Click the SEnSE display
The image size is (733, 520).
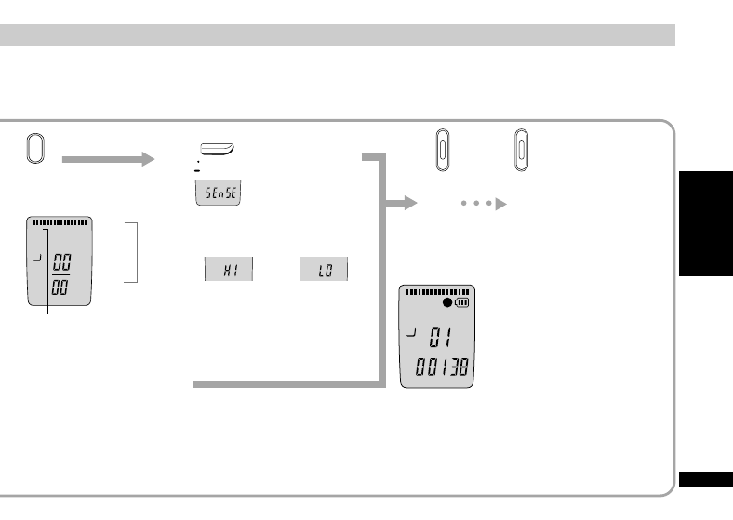tap(218, 193)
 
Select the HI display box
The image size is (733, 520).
tap(229, 269)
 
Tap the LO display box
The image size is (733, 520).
tap(324, 269)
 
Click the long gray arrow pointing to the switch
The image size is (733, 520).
tap(108, 159)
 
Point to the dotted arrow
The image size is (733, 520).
tap(484, 204)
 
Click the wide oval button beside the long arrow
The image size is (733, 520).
tap(35, 148)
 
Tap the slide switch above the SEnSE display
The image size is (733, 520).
tap(217, 149)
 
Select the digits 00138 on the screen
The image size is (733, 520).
tap(442, 367)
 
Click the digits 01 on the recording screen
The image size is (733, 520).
tap(440, 337)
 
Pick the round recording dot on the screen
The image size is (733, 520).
tap(447, 302)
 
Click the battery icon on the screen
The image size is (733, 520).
tap(462, 302)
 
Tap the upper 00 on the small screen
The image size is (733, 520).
tap(61, 262)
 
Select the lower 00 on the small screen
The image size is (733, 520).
tap(60, 287)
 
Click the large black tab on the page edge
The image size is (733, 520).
tap(706, 223)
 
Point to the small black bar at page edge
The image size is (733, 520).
tap(706, 479)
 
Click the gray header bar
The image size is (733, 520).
tap(338, 35)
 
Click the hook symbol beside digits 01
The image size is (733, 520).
tap(411, 332)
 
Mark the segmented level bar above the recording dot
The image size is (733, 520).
tap(437, 292)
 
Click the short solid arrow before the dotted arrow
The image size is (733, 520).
tap(401, 203)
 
